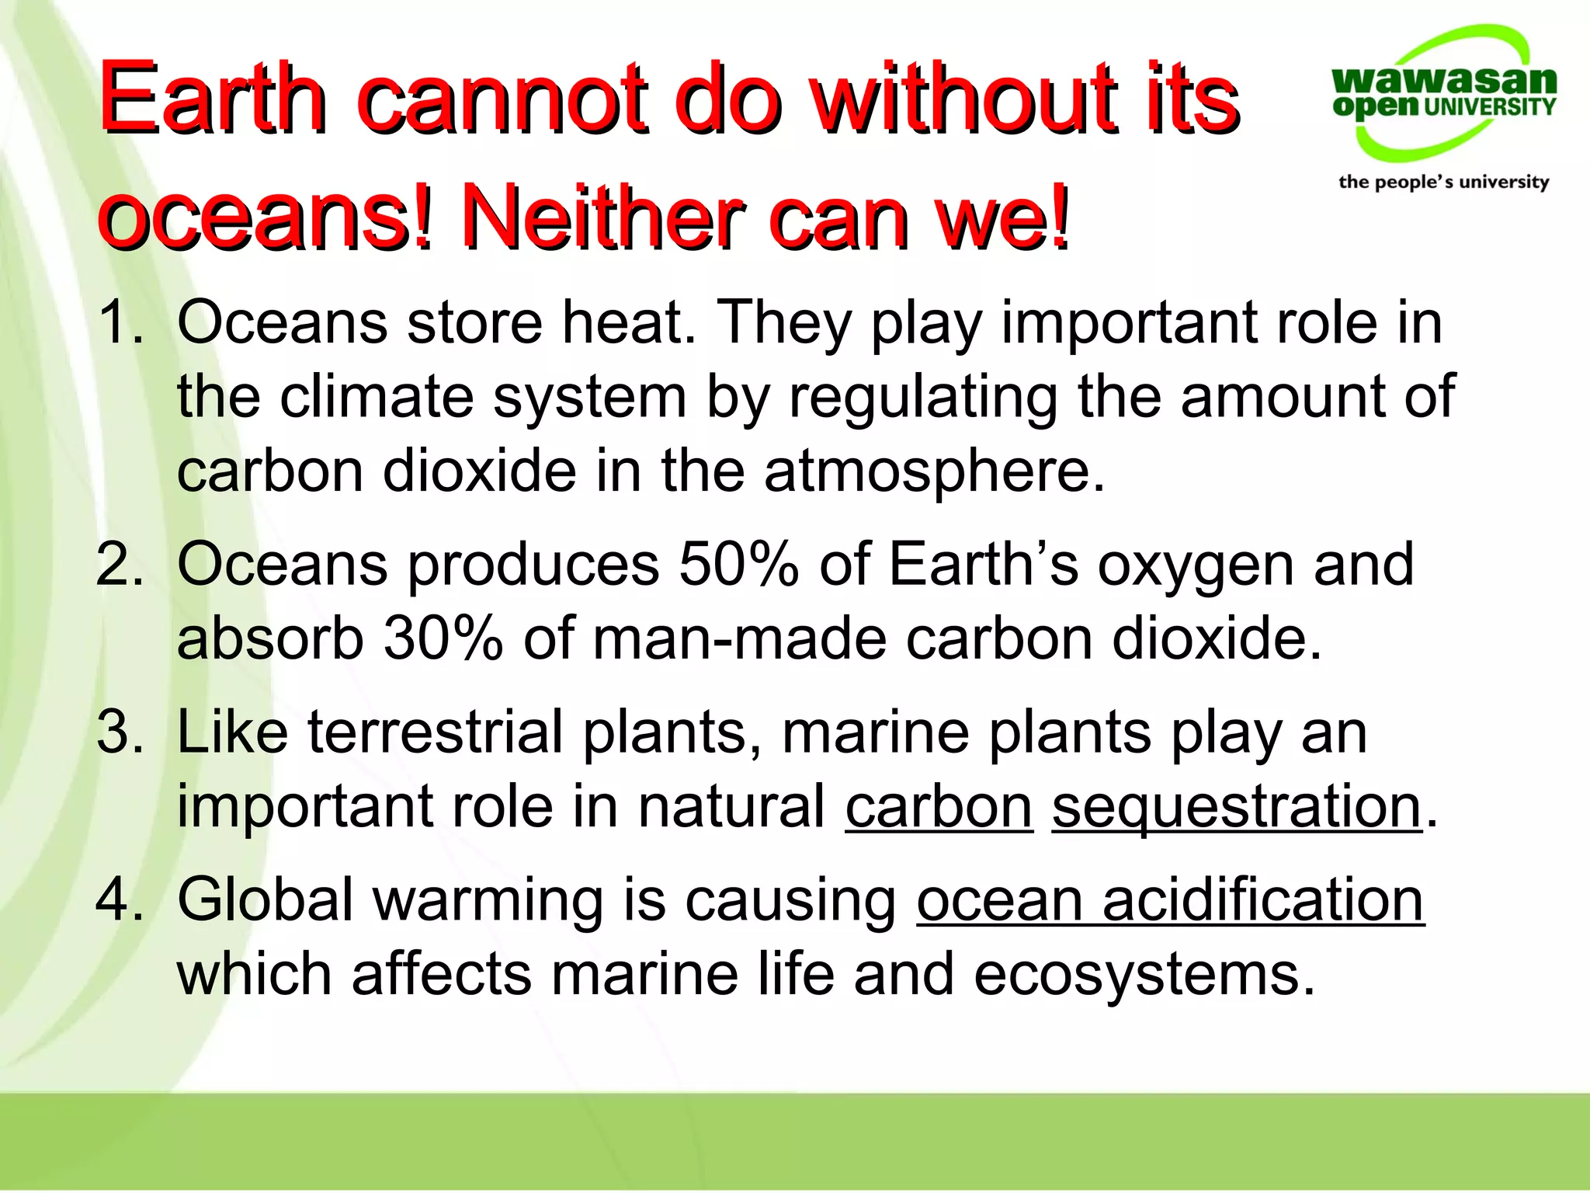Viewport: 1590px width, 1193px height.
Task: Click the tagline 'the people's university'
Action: click(x=1443, y=182)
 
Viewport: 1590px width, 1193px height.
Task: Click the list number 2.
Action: click(x=120, y=564)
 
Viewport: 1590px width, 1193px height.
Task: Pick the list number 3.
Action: click(x=120, y=732)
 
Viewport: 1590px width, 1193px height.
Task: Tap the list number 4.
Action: click(x=120, y=899)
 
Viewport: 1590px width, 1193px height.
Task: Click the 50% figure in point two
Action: click(x=738, y=564)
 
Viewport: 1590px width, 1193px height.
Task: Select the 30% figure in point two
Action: click(x=443, y=638)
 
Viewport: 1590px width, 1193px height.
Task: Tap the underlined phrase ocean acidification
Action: click(x=1170, y=899)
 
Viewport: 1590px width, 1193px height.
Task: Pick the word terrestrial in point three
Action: click(x=436, y=732)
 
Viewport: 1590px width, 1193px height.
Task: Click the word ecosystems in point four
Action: click(x=1144, y=976)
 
